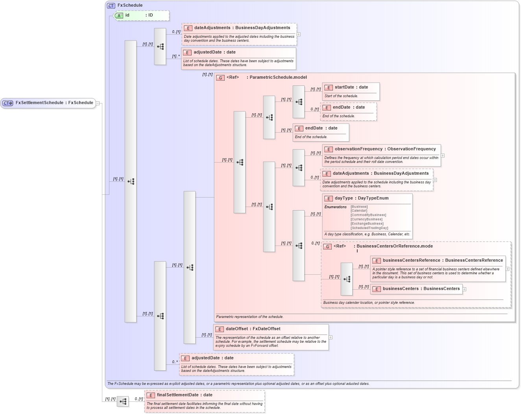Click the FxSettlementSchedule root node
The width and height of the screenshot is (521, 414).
coord(48,103)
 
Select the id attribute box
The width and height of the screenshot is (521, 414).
coord(141,15)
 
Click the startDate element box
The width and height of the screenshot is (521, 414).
coord(351,87)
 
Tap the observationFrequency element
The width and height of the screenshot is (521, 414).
coord(381,149)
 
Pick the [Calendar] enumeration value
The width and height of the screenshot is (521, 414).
coord(358,211)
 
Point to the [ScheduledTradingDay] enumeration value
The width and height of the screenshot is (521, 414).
coord(369,228)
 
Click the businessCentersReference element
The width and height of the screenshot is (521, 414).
coord(438,261)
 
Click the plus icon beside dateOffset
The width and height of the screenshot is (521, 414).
coord(331,337)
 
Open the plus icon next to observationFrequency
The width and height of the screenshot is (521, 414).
coord(443,155)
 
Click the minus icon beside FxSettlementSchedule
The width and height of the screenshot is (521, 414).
coord(98,103)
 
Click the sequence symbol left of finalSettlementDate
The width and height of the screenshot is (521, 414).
coord(123,401)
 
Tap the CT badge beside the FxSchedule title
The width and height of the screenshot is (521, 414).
coord(111,6)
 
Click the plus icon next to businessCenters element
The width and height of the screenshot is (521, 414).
coord(464,289)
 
